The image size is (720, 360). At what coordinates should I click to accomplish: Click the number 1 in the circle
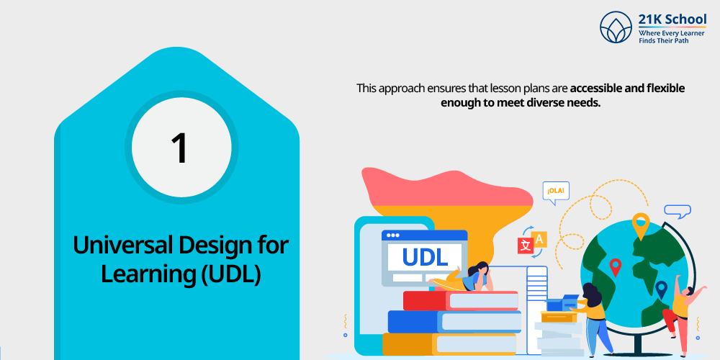179,148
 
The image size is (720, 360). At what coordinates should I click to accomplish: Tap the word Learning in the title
146,274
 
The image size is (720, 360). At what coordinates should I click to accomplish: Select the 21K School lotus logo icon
616,27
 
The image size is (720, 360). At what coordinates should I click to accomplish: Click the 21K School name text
672,19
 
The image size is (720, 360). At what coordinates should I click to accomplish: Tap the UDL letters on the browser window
425,257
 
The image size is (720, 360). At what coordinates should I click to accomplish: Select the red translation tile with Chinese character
526,246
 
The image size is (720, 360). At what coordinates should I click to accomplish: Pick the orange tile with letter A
539,239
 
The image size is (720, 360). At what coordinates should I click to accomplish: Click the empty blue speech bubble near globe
678,212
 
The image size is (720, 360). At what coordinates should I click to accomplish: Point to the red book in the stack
461,300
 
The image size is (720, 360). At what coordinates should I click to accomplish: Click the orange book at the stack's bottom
449,344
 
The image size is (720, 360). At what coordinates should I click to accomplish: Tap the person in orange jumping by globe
681,312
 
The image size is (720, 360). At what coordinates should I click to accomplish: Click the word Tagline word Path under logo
682,41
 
